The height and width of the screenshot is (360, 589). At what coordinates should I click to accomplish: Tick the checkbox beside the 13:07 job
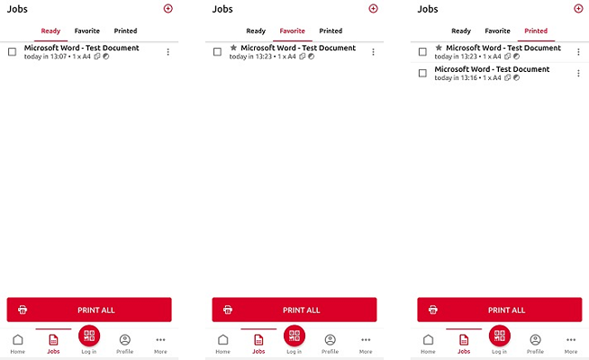pyautogui.click(x=12, y=52)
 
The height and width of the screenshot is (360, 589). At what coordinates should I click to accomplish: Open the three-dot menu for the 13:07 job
pyautogui.click(x=168, y=52)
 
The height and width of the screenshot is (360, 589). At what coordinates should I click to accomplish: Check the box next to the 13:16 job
pyautogui.click(x=422, y=73)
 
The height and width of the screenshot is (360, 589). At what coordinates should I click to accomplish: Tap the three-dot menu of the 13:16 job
pyautogui.click(x=578, y=73)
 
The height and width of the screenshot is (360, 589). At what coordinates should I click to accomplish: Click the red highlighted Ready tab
pyautogui.click(x=50, y=31)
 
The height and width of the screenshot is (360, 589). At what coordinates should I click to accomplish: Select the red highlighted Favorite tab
pyautogui.click(x=292, y=31)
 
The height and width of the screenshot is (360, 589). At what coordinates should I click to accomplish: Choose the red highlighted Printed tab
pyautogui.click(x=536, y=31)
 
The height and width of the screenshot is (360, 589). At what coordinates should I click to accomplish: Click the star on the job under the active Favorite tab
pyautogui.click(x=233, y=48)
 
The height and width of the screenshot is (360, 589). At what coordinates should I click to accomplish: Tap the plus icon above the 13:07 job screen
pyautogui.click(x=168, y=9)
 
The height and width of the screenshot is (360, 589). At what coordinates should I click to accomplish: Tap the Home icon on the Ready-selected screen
pyautogui.click(x=18, y=339)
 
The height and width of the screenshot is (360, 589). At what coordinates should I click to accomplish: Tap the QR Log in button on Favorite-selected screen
pyautogui.click(x=294, y=336)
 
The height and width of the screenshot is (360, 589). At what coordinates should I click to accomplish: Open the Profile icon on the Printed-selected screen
pyautogui.click(x=535, y=339)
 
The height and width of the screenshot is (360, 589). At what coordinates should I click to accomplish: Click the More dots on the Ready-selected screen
pyautogui.click(x=160, y=339)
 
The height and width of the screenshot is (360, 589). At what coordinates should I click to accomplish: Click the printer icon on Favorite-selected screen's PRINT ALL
pyautogui.click(x=228, y=310)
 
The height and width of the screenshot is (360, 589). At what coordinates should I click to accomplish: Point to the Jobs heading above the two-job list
pyautogui.click(x=428, y=9)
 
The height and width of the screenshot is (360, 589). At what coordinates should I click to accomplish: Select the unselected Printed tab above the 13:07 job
pyautogui.click(x=125, y=31)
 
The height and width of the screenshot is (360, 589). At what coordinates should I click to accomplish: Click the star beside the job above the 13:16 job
pyautogui.click(x=439, y=48)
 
